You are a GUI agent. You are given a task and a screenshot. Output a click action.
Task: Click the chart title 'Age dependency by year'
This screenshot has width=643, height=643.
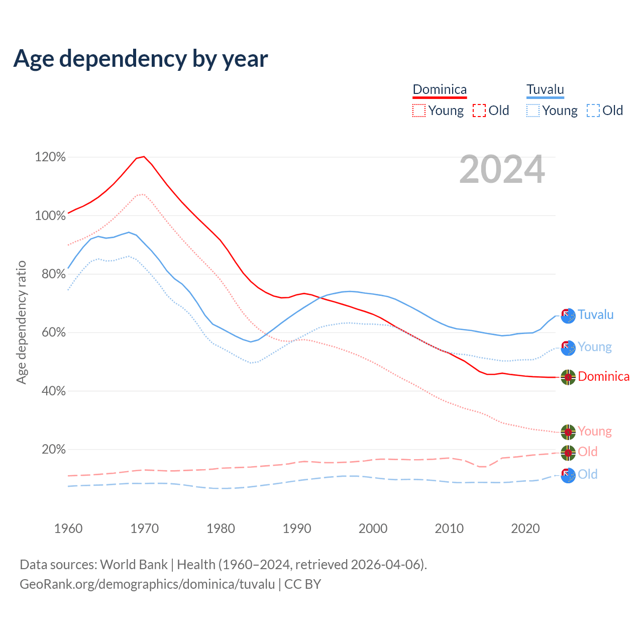[141, 59]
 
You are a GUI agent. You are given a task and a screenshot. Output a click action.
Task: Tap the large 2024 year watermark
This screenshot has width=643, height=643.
[502, 170]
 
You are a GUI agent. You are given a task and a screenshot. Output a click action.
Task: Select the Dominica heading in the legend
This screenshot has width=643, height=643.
[440, 89]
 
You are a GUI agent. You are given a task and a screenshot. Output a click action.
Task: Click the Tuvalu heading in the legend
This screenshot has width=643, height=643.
[545, 89]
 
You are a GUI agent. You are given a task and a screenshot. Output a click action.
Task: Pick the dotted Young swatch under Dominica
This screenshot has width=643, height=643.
[418, 111]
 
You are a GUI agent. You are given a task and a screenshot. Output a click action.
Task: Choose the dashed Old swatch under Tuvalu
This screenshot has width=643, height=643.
[593, 111]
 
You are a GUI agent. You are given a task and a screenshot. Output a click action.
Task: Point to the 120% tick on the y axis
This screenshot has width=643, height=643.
[50, 157]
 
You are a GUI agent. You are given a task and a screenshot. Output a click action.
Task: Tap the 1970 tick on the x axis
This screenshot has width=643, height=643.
[145, 528]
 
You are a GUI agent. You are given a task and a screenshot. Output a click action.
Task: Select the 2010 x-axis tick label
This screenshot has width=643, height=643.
[449, 528]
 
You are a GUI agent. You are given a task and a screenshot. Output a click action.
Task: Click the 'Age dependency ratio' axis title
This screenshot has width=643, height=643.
[21, 322]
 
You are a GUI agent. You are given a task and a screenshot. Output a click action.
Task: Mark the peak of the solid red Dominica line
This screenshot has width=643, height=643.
[144, 156]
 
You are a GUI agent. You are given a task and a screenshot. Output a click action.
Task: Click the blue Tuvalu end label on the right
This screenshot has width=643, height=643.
[596, 314]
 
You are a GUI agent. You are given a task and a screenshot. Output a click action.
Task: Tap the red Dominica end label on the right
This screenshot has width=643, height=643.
[603, 376]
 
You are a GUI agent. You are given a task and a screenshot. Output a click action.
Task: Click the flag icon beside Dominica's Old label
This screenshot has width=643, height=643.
[568, 452]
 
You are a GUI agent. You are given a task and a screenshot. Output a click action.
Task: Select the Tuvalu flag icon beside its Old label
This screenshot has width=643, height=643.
[568, 475]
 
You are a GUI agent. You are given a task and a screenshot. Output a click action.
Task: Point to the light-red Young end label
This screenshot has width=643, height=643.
[595, 431]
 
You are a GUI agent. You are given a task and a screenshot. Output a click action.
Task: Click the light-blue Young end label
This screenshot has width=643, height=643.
[595, 347]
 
